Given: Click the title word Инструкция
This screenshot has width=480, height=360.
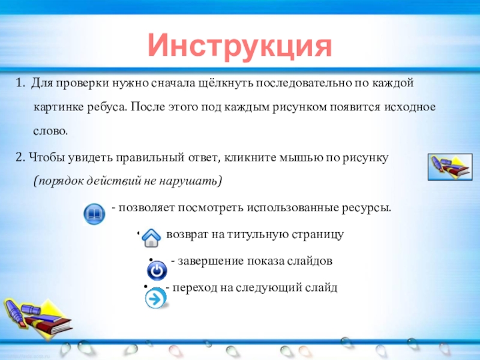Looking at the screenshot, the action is click(x=239, y=46).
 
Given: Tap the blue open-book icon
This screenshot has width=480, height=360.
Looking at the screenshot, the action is click(x=94, y=214).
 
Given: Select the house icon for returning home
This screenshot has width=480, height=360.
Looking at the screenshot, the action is click(x=151, y=238).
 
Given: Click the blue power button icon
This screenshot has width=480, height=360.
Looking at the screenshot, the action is click(x=157, y=271).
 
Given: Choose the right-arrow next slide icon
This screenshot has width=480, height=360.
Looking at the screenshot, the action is click(x=156, y=298).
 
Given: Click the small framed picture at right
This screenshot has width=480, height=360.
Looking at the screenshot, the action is click(x=450, y=167).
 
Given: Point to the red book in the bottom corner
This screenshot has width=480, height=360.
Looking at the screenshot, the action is click(x=49, y=325).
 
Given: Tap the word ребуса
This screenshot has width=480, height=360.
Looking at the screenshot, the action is click(x=107, y=107).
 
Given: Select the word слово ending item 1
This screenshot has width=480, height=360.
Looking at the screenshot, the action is click(x=50, y=131).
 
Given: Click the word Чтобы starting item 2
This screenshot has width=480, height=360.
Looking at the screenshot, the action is click(x=47, y=158).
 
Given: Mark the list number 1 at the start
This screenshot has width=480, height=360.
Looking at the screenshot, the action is click(x=20, y=83).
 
